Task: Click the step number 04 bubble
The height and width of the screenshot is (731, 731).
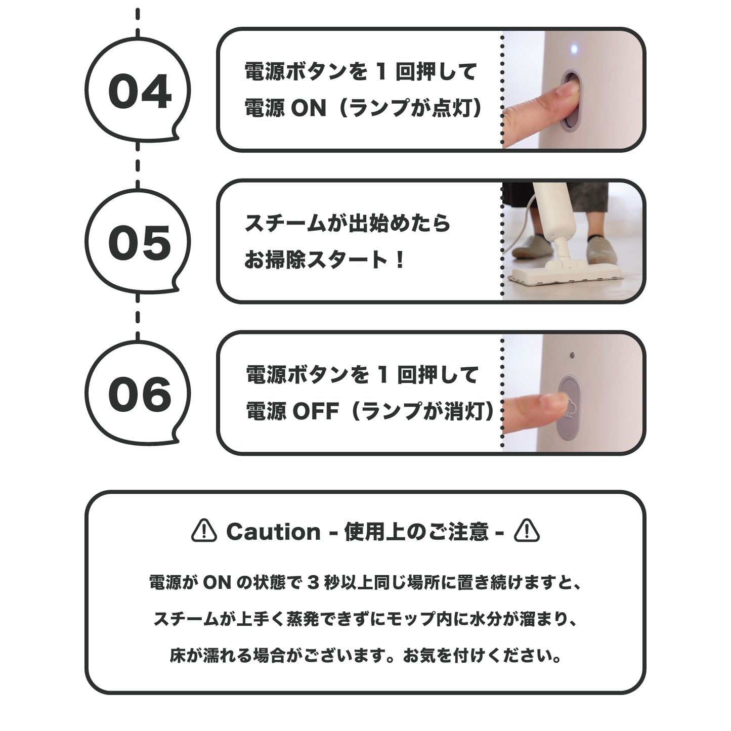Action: [138, 91]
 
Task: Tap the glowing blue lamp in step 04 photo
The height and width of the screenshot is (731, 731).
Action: [574, 50]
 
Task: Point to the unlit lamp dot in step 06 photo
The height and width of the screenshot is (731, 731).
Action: [572, 355]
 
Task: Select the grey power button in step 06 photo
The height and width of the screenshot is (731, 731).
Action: [570, 408]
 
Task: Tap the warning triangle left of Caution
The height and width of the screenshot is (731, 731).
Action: [204, 531]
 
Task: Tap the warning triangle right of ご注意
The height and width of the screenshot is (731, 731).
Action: [527, 531]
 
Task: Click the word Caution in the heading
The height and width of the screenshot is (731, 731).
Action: [273, 532]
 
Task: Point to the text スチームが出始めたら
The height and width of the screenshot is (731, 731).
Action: [347, 223]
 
